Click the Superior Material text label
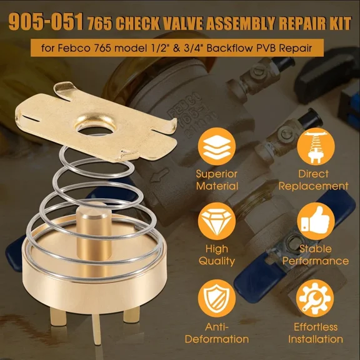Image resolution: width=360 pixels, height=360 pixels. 216,179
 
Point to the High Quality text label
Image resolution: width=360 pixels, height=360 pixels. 216,256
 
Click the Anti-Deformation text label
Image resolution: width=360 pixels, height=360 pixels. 216,333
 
